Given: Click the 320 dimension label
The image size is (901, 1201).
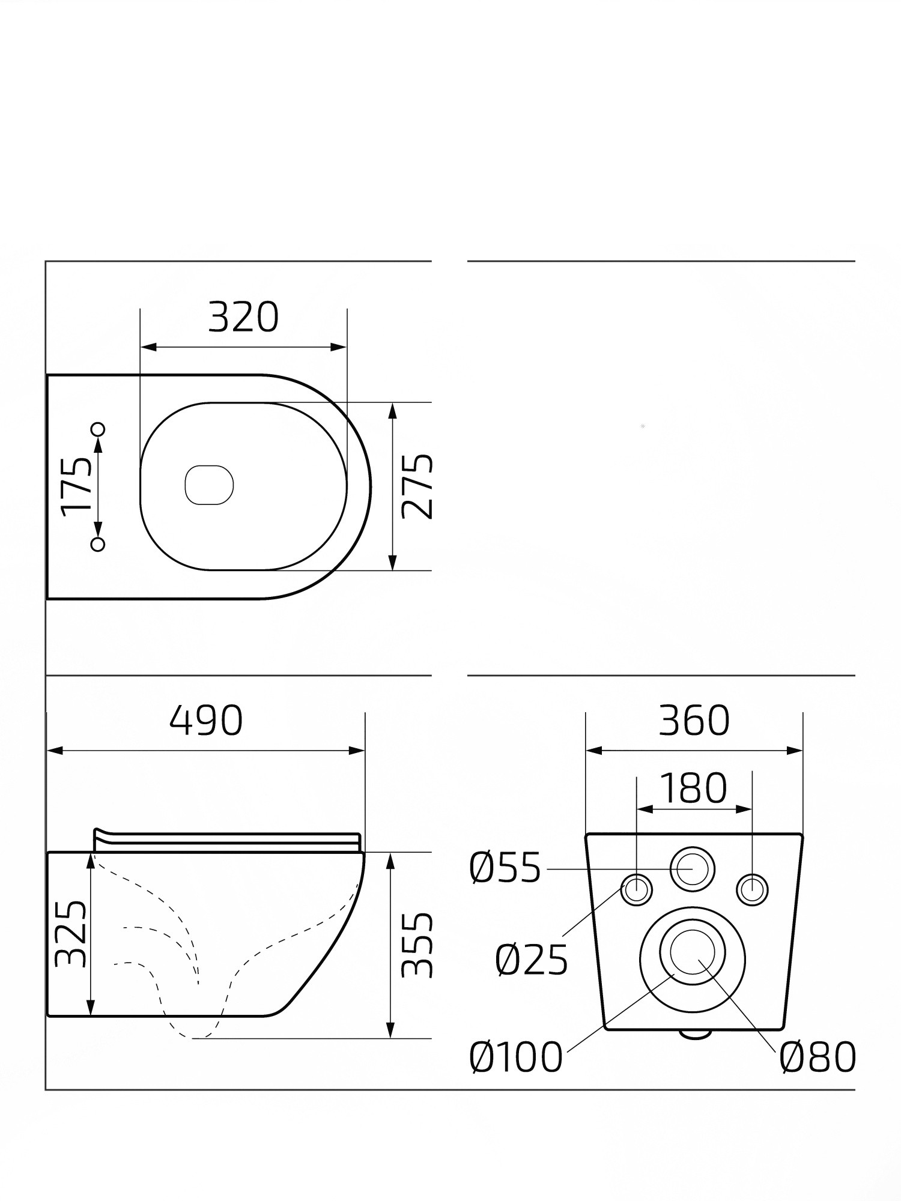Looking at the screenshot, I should coord(243,318).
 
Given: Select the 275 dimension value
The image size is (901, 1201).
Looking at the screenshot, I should coord(417,486).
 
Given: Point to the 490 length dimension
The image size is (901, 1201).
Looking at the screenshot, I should coord(206,720).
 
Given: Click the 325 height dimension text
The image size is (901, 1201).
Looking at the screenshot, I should coord(70,934).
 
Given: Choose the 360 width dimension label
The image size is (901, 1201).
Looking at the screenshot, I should coord(694,720).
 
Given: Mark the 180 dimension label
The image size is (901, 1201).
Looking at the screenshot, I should coord(693,788).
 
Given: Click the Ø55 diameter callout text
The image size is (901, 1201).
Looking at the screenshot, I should coord(506,868).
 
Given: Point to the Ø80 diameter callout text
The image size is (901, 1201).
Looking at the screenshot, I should coord(818,1057).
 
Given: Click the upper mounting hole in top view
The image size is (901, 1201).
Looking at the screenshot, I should coord(98,429).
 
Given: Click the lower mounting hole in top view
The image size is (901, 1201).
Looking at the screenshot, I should coord(98,544).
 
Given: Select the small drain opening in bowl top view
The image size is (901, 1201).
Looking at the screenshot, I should coord(209,485).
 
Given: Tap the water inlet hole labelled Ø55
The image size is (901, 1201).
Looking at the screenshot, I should coord(693,869).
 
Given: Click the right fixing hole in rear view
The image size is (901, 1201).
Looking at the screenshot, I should coord(752,889).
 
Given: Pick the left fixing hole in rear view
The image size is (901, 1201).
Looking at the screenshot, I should coord(636,889).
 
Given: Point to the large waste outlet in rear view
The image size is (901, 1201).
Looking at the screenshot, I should coord(693,959).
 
